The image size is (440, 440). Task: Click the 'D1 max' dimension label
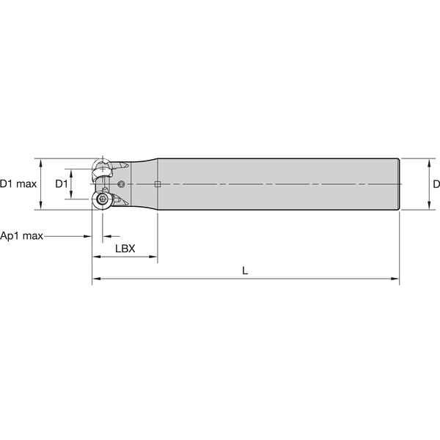18,184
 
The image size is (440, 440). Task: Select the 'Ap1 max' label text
23,236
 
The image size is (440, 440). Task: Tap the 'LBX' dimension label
125,249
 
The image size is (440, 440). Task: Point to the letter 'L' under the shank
246,270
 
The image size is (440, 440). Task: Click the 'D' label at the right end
436,184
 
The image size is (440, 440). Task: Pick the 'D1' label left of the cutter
62,184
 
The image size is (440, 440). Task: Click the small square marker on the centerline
157,184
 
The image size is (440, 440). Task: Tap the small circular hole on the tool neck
122,183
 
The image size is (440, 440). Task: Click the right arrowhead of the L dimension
396,279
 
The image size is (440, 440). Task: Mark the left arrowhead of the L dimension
95,279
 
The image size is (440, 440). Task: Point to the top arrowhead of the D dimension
428,161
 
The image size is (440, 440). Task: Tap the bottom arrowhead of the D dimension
428,206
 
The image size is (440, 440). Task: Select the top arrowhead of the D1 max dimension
43,161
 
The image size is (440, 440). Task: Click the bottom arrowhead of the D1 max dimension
43,206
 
